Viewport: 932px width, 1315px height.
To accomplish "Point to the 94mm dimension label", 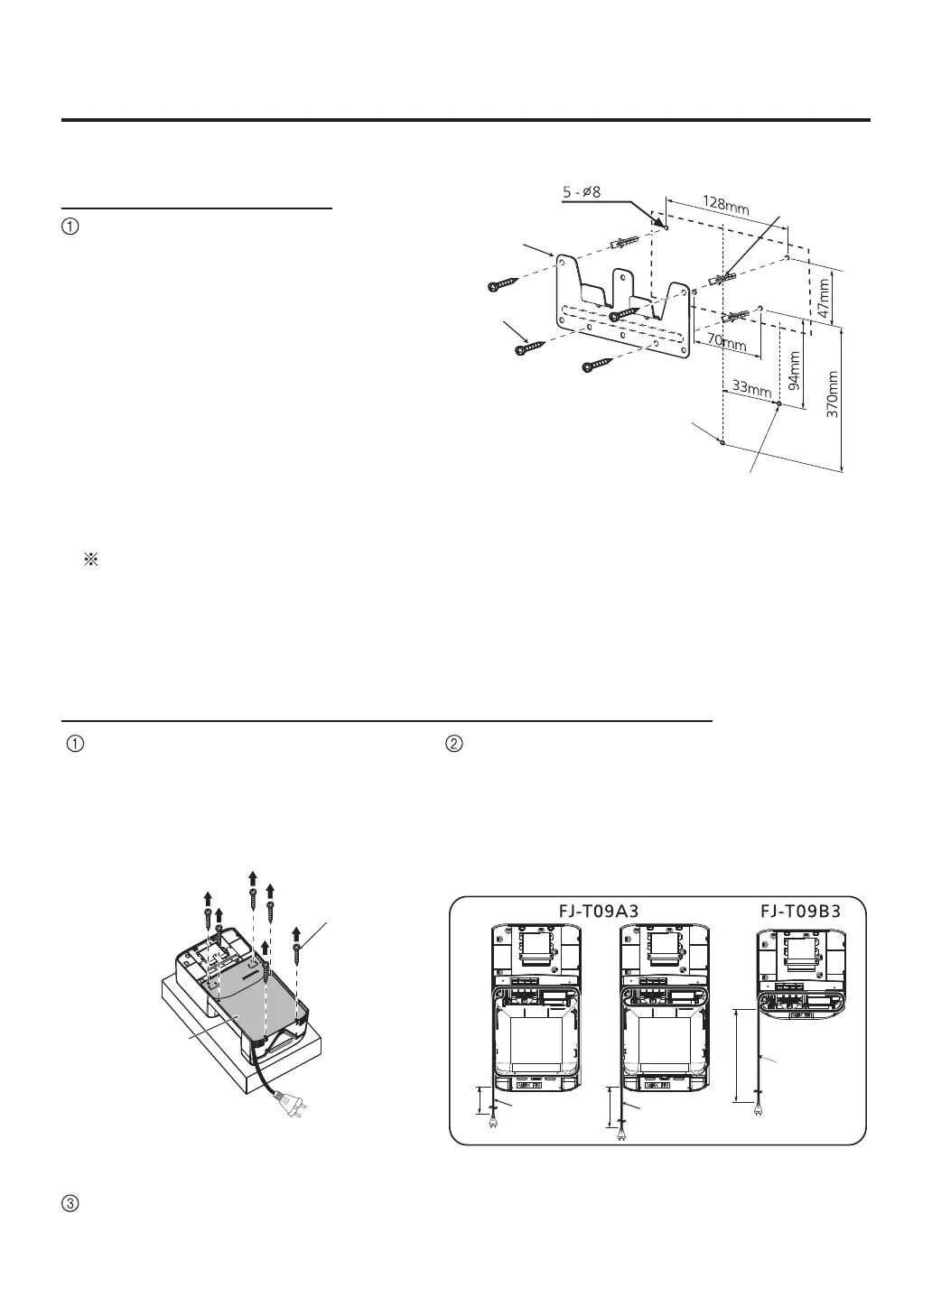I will [794, 370].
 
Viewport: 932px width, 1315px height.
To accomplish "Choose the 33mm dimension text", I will [751, 389].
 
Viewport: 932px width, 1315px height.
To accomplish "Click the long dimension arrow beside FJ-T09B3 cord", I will [739, 1056].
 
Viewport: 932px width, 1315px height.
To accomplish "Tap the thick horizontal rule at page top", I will [466, 119].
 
